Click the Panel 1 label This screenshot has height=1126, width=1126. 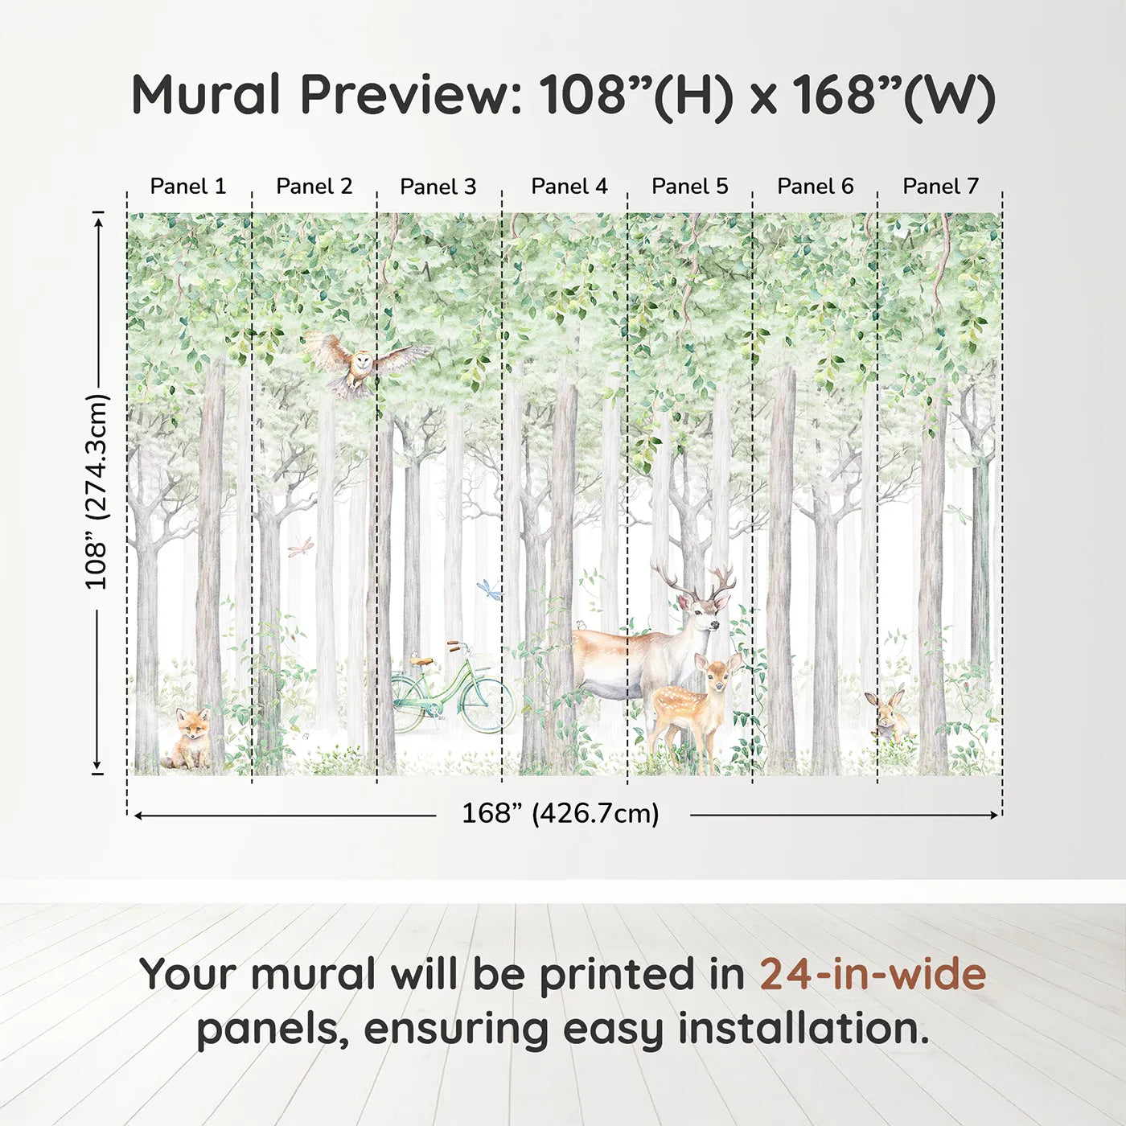[188, 187]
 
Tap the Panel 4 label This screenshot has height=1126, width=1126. [569, 187]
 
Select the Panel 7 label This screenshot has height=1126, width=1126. [940, 187]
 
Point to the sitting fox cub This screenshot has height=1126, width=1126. [191, 738]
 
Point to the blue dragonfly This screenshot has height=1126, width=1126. [489, 590]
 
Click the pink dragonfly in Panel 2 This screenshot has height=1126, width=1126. [302, 549]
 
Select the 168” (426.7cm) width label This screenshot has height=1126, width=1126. [560, 814]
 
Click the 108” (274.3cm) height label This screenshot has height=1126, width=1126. [97, 491]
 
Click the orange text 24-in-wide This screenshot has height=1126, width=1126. [873, 975]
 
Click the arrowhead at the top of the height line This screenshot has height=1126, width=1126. [98, 220]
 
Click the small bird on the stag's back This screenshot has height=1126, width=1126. [581, 625]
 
